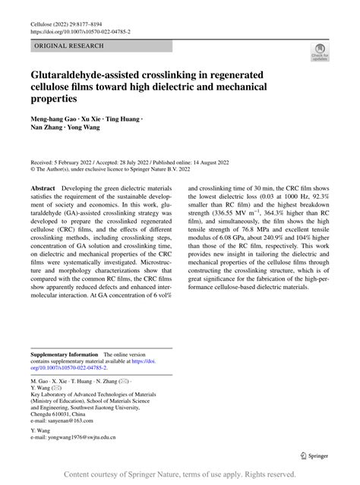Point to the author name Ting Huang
pos(123,121)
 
